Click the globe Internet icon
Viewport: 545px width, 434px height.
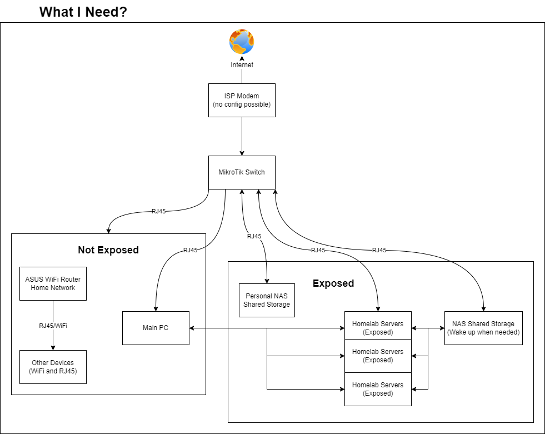click(242, 42)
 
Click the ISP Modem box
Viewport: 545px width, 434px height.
click(242, 100)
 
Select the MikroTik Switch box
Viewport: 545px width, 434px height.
click(242, 172)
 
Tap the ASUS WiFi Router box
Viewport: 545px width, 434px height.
click(53, 283)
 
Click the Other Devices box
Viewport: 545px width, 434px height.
click(53, 367)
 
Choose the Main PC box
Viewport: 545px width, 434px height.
click(156, 328)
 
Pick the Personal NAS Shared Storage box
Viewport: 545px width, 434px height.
click(267, 300)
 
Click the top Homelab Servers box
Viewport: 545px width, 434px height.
click(378, 328)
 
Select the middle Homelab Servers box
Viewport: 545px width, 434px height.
click(378, 356)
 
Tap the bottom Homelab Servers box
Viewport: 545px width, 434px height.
click(378, 389)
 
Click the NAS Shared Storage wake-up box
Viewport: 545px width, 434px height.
click(483, 328)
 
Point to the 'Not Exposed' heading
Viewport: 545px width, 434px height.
click(108, 250)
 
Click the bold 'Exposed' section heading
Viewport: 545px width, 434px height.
click(333, 283)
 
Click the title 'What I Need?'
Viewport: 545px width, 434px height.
click(83, 12)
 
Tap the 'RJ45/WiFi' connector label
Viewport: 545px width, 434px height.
click(53, 326)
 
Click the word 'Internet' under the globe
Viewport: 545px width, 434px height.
click(242, 65)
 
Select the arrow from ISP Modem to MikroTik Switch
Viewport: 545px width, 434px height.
click(242, 136)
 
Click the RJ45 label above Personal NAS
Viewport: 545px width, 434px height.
click(254, 237)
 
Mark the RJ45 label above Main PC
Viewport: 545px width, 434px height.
click(191, 250)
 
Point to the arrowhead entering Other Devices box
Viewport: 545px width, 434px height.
click(53, 348)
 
